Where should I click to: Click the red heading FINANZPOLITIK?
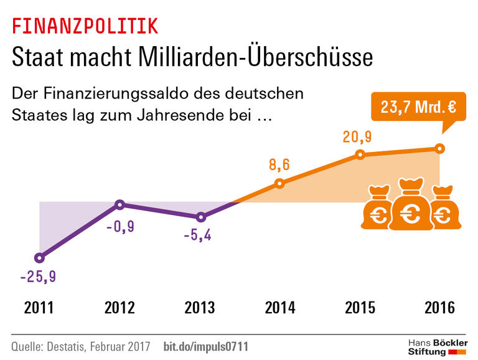85,26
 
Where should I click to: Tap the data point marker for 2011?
40,257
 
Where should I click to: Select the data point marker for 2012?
120,204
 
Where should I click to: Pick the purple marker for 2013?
200,217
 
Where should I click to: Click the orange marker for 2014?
279,183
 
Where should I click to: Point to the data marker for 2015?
359,154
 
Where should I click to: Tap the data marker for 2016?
439,148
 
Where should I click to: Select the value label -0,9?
120,227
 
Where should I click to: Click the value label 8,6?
279,165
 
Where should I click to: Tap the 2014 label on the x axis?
279,308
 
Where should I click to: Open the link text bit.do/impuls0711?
205,346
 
